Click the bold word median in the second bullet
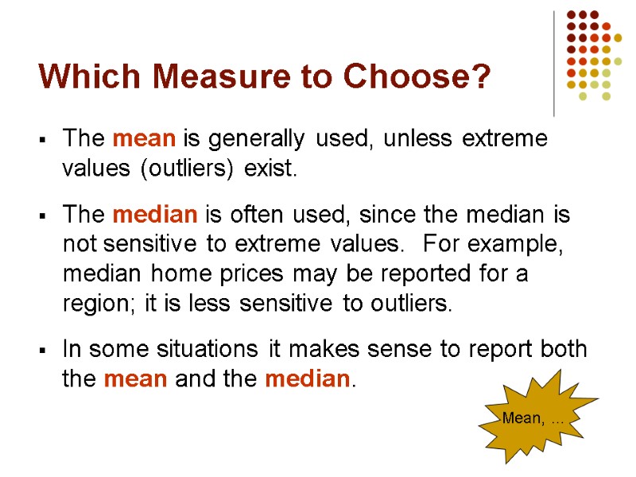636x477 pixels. (x=156, y=215)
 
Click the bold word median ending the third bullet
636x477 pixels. (x=306, y=379)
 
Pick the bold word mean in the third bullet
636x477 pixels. (x=136, y=379)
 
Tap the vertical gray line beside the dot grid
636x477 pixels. (x=554, y=64)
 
